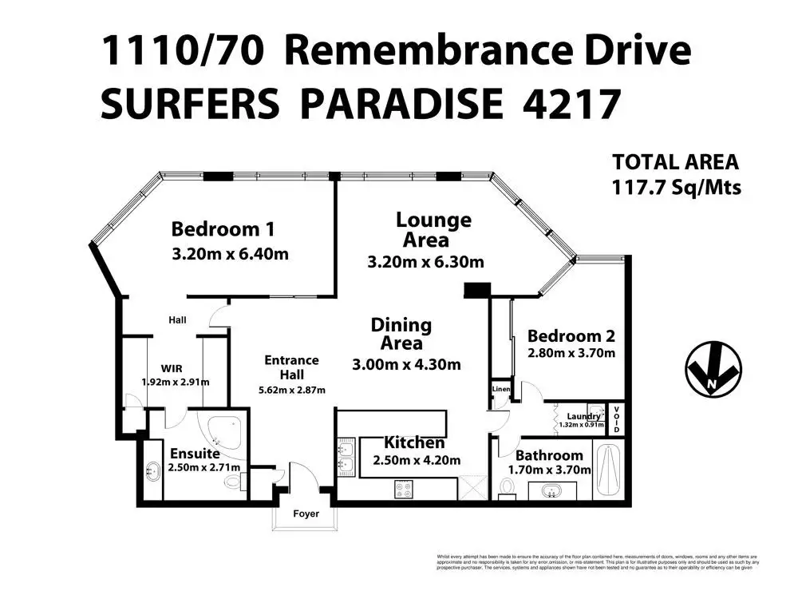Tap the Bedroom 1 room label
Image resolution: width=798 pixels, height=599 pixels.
click(x=223, y=230)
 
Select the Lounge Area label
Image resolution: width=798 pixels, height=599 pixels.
click(x=433, y=229)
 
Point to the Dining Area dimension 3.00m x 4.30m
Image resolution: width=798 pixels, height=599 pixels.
click(x=407, y=365)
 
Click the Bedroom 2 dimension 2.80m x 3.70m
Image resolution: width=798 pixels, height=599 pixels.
click(x=571, y=353)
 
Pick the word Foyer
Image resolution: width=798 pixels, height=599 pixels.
click(x=306, y=514)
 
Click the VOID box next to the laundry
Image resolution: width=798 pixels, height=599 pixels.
click(x=615, y=420)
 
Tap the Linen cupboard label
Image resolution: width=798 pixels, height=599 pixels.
click(x=500, y=389)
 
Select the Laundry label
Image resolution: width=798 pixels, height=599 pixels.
click(x=583, y=416)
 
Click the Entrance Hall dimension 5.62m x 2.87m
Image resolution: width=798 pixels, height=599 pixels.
click(x=291, y=390)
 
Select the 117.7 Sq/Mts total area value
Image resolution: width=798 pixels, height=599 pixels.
click(x=676, y=188)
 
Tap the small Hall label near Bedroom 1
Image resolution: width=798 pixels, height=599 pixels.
click(x=177, y=319)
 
